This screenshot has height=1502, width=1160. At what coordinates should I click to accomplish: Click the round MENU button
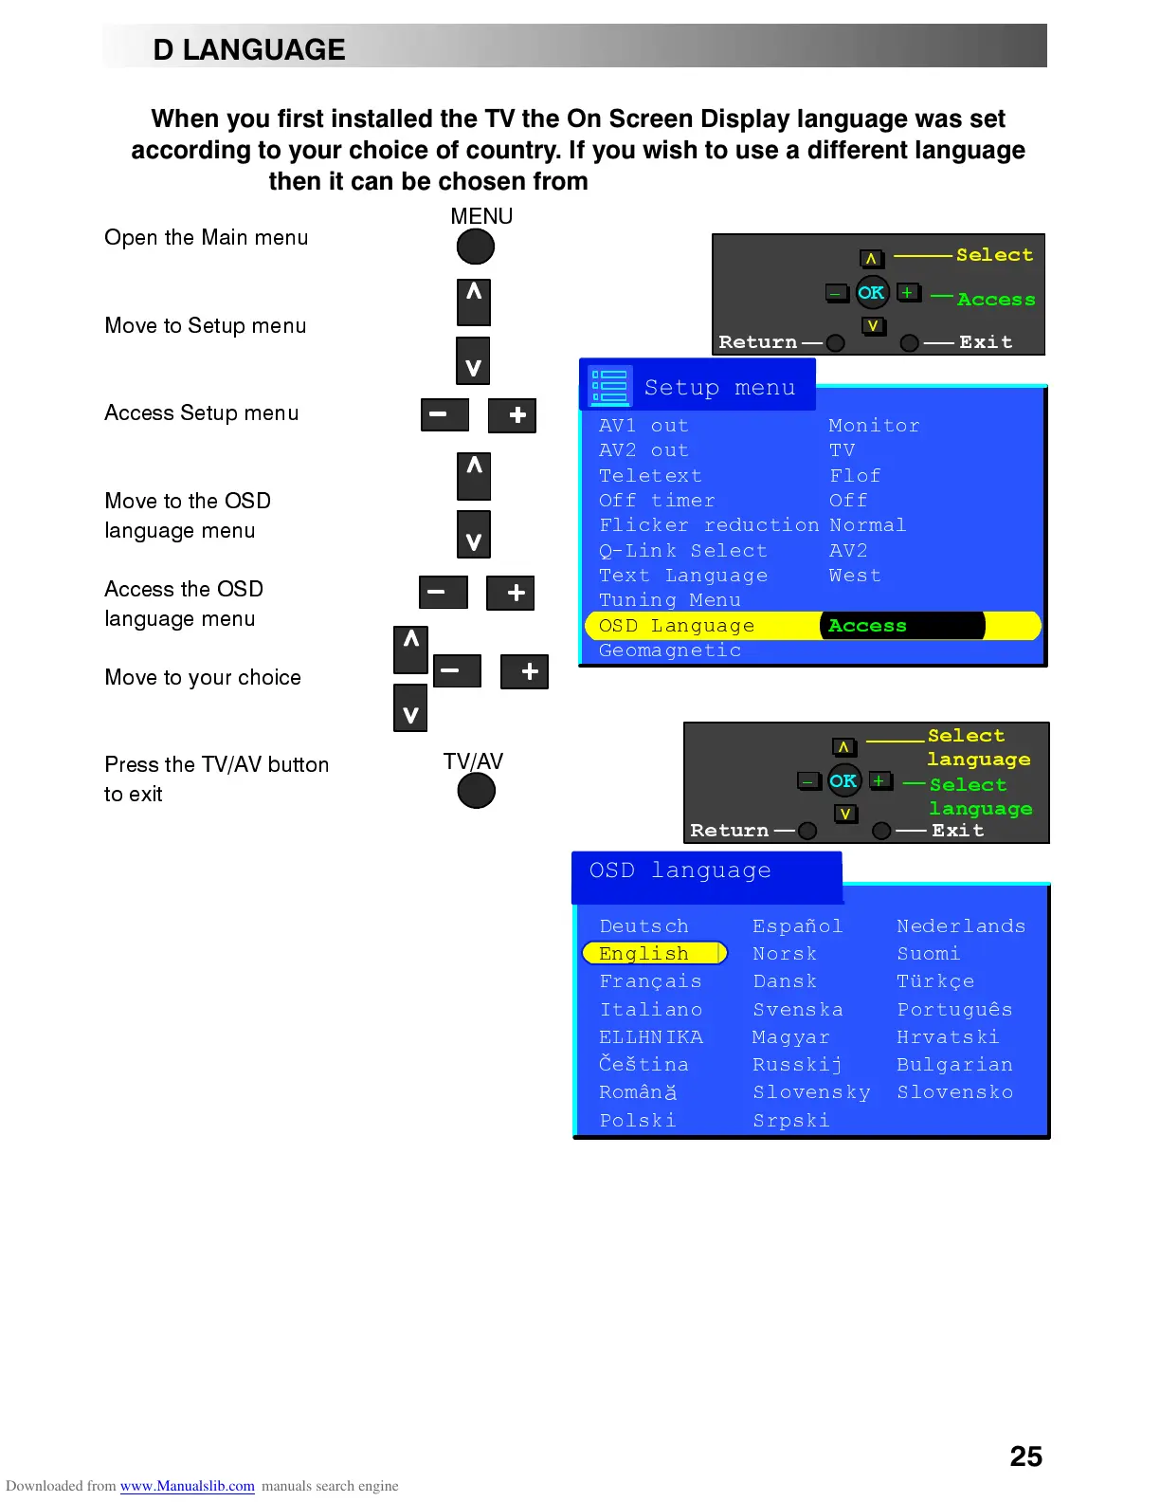[476, 247]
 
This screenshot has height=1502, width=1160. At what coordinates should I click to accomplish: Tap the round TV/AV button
[476, 791]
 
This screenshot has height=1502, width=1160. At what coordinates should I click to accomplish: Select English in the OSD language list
[644, 953]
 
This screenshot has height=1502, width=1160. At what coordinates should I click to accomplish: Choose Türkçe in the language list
[935, 981]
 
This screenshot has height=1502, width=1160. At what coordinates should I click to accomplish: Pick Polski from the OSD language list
[638, 1121]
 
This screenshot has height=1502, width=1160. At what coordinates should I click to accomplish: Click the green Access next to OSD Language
[867, 626]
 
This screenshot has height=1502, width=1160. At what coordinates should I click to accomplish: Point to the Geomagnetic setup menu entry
[670, 650]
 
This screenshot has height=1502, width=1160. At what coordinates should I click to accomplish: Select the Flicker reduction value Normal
[867, 525]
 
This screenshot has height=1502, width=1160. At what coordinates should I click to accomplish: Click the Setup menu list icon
[609, 386]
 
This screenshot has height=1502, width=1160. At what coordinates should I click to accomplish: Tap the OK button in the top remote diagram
[871, 293]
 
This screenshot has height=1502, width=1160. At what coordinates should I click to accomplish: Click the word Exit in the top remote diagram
[986, 342]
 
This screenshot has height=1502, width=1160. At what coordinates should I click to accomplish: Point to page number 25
[1025, 1456]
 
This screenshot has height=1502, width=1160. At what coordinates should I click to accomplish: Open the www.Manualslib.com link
[187, 1486]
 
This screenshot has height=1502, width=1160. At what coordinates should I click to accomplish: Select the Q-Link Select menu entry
[682, 551]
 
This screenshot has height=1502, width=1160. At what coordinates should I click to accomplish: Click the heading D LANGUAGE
[249, 49]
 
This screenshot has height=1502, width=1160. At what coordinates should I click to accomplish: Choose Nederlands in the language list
[961, 926]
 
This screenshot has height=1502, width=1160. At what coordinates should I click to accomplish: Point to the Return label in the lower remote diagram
[729, 831]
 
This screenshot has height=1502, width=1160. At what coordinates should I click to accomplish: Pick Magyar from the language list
[790, 1037]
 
